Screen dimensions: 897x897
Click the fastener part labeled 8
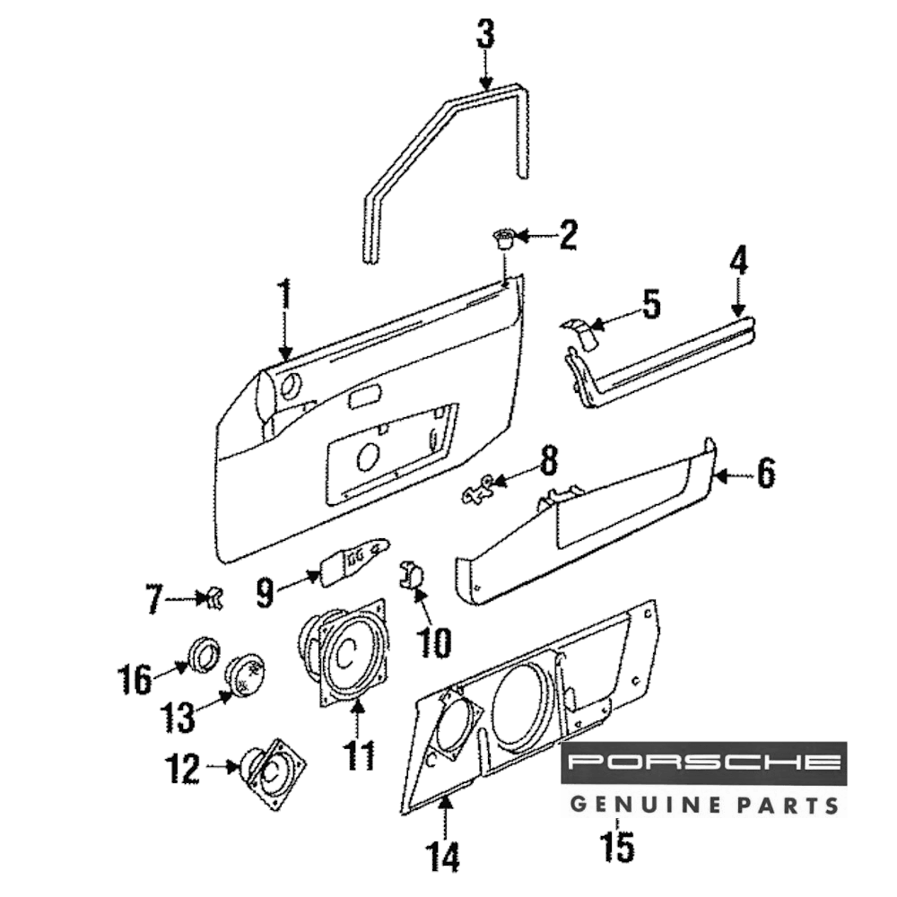click(480, 488)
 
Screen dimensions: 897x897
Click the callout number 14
click(443, 857)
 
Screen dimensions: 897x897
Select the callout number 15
click(619, 845)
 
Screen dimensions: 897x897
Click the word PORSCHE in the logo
click(704, 763)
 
